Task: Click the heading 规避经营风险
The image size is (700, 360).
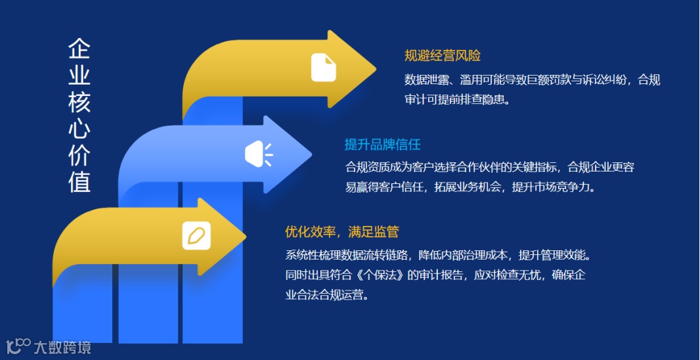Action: [x=443, y=56]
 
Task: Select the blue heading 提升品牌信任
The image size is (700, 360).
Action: [x=382, y=144]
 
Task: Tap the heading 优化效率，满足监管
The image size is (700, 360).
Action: [x=341, y=231]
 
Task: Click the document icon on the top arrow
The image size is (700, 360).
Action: [x=324, y=68]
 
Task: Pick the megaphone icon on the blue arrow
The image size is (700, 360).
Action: [x=258, y=154]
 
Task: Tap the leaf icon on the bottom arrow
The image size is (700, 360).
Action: [x=196, y=236]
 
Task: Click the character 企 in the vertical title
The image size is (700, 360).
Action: [x=79, y=49]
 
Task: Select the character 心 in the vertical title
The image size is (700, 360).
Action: [x=79, y=128]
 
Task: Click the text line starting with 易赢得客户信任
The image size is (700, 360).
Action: [x=470, y=187]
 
